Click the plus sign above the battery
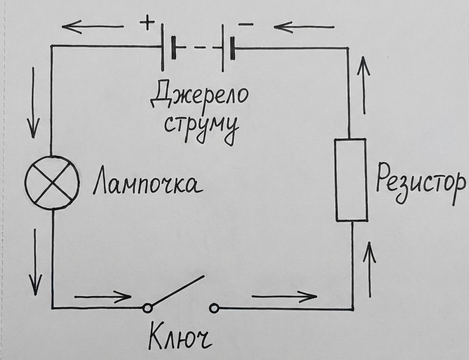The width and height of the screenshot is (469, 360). tap(148, 23)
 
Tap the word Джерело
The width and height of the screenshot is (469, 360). tap(199, 96)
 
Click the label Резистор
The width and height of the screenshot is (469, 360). tap(421, 184)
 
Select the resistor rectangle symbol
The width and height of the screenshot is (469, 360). tap(351, 180)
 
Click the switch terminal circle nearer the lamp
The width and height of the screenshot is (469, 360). tap(147, 308)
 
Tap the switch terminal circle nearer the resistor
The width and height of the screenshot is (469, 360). tap(214, 308)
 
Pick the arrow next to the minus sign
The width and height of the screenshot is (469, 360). tap(304, 27)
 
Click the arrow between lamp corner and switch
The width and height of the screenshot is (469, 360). tap(103, 297)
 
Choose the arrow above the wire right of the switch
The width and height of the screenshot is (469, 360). tap(284, 296)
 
